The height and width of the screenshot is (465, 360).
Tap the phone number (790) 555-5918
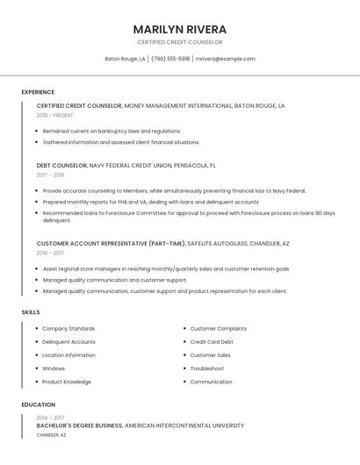(x=170, y=59)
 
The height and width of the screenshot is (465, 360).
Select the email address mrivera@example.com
(x=225, y=59)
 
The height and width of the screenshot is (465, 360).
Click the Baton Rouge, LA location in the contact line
(x=126, y=59)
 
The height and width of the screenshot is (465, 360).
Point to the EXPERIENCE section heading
(x=38, y=91)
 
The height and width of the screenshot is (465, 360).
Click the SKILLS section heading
(x=31, y=311)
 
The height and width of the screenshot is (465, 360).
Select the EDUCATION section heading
(x=39, y=404)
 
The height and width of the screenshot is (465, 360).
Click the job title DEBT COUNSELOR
(x=61, y=165)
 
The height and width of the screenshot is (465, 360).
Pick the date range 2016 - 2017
(x=50, y=253)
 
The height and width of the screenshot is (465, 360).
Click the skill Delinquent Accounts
(x=68, y=341)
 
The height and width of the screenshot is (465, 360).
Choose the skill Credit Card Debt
(x=212, y=341)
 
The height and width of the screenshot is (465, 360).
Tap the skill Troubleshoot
(x=207, y=368)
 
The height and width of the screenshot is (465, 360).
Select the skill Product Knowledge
(x=67, y=382)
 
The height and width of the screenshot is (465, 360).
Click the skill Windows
(x=54, y=368)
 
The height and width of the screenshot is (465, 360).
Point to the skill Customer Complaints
(x=217, y=328)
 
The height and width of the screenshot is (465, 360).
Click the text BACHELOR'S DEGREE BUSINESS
(x=79, y=426)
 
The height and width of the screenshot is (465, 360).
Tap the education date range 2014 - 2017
(x=50, y=418)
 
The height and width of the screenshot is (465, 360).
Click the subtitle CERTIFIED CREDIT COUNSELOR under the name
(x=180, y=42)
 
